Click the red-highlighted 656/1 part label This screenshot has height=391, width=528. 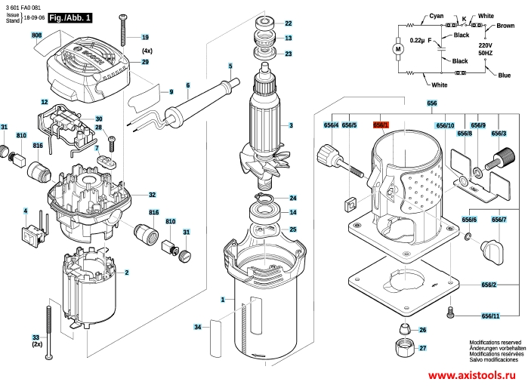click(x=381, y=125)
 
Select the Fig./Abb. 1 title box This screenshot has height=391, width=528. click(x=70, y=18)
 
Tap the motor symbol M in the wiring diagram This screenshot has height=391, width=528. click(x=398, y=50)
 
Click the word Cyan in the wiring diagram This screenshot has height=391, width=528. click(x=437, y=16)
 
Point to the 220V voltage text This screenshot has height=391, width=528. click(x=485, y=45)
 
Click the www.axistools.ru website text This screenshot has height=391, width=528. click(x=472, y=375)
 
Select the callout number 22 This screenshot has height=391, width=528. click(x=289, y=23)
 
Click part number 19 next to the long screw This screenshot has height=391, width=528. click(x=145, y=37)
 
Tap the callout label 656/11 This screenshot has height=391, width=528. click(x=491, y=316)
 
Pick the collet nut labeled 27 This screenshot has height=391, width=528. click(x=404, y=348)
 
